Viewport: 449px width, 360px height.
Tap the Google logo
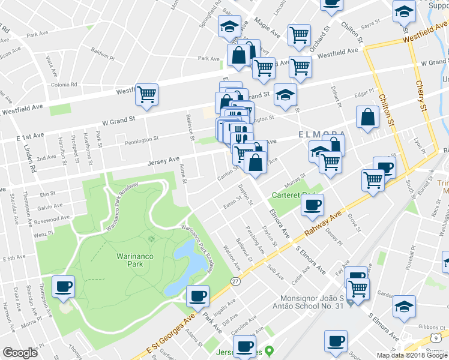(x=20, y=353)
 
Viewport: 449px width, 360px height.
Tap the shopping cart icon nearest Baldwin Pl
(x=146, y=94)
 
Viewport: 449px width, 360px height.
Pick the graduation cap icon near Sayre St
(x=404, y=10)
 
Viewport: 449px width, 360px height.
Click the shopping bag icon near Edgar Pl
(x=367, y=117)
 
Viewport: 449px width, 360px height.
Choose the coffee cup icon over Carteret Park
(x=312, y=205)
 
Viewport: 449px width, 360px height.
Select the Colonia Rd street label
(x=64, y=85)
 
